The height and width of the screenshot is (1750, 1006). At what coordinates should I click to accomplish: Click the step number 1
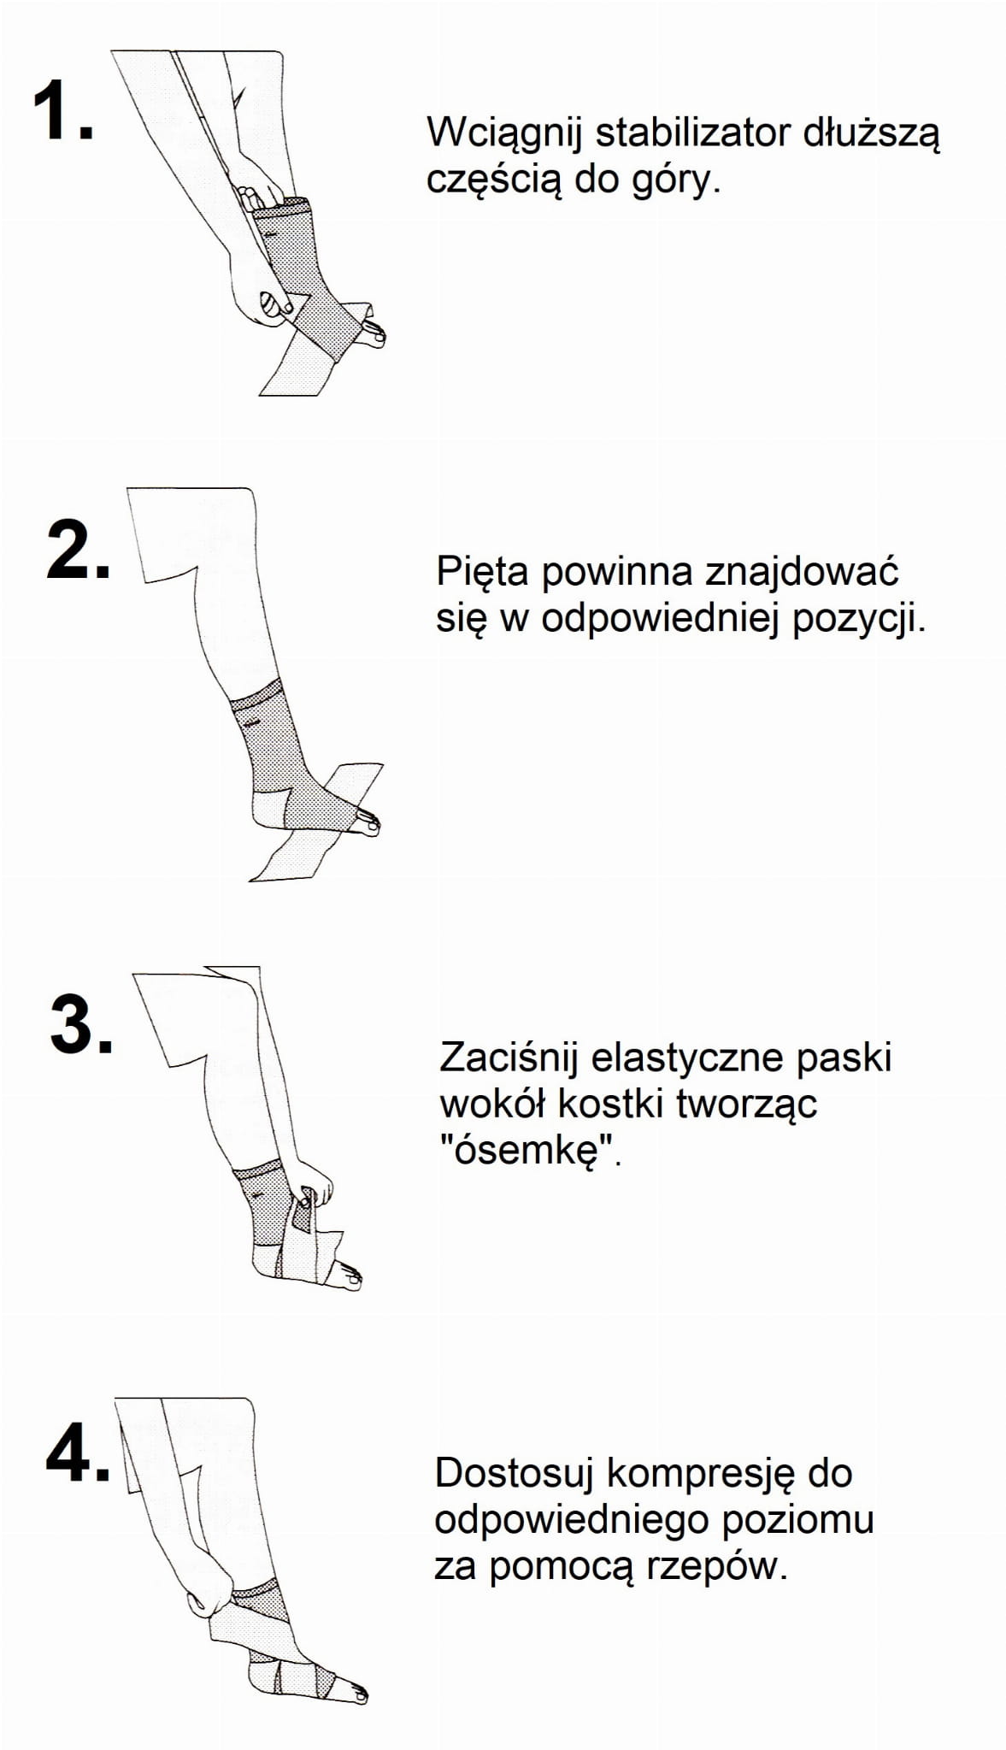pos(62,110)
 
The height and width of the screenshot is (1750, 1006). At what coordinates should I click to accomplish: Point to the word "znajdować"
pos(802,571)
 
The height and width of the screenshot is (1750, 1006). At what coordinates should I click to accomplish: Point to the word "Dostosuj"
pos(515,1474)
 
